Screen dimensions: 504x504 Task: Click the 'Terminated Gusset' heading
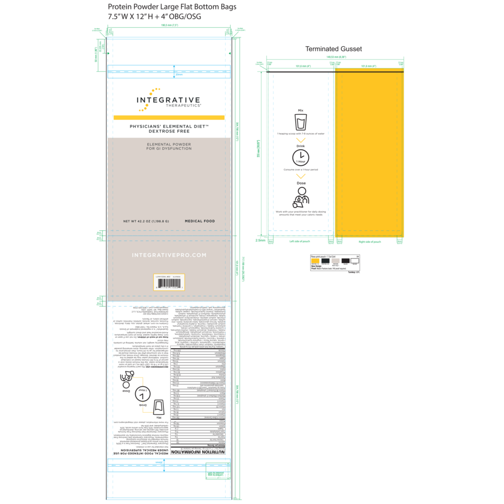[334, 49]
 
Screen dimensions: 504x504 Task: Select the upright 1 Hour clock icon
[300, 158]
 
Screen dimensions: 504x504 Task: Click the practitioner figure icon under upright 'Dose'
[301, 197]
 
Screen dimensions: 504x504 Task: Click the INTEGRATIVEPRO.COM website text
[169, 255]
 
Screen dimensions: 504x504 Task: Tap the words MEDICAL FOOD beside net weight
[200, 221]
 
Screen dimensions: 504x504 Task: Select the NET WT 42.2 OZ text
[146, 221]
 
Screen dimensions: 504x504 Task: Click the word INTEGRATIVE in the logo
[169, 100]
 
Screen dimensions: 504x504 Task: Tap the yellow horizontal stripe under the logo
[169, 117]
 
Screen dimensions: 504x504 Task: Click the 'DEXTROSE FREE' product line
[169, 131]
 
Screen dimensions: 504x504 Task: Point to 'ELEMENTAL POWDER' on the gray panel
[169, 144]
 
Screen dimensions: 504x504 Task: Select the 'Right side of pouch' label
[369, 242]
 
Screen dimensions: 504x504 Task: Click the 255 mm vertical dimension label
[258, 155]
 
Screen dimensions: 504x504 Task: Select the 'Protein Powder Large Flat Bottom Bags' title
[172, 7]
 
